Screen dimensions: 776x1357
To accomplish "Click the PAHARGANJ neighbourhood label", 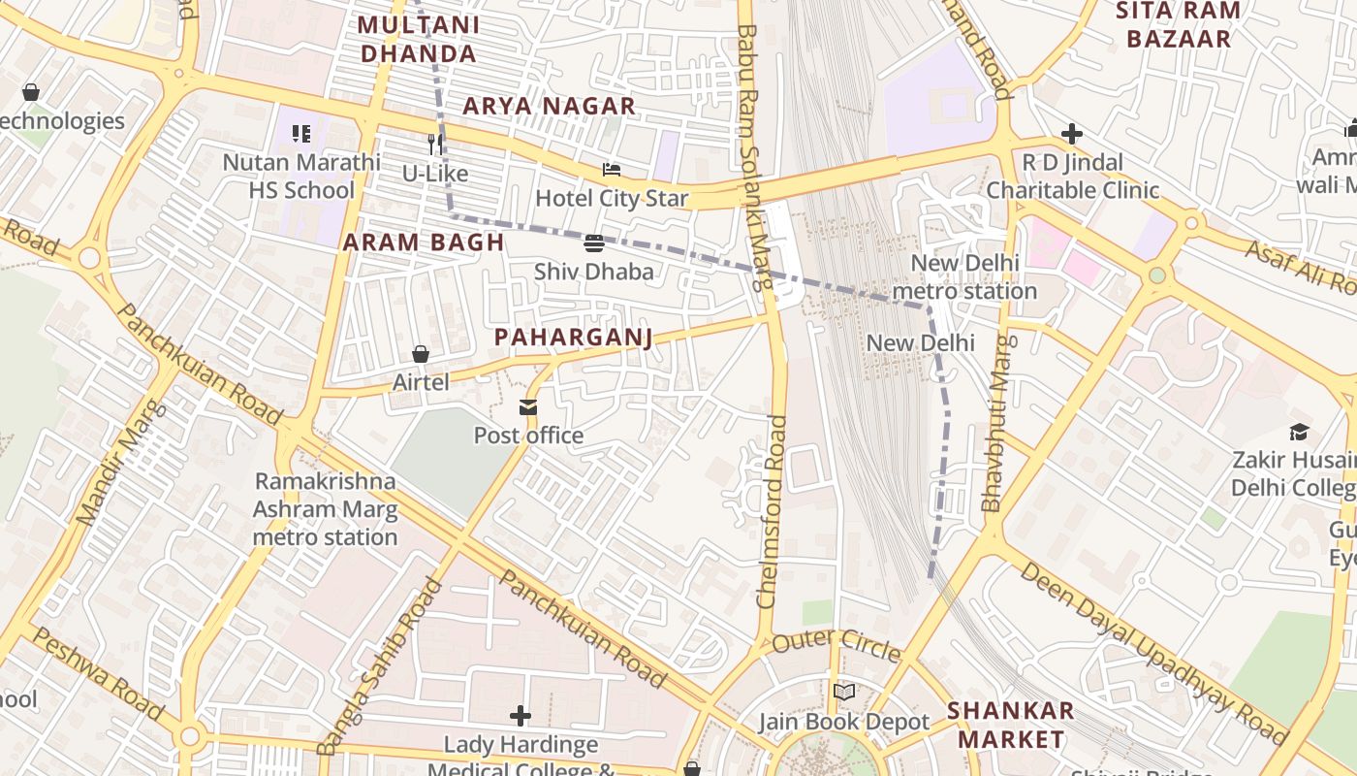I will tap(573, 338).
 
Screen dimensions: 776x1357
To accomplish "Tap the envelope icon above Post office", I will tap(528, 407).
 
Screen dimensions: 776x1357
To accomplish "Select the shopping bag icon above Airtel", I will tap(421, 354).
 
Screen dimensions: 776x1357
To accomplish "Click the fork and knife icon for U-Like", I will tap(435, 145).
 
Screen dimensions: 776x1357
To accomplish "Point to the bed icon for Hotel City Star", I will tap(612, 170).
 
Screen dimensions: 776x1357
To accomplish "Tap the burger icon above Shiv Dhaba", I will tap(594, 242).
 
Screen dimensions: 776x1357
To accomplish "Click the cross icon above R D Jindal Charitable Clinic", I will tap(1071, 134).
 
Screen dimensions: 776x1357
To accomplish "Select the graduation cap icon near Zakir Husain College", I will tap(1299, 431).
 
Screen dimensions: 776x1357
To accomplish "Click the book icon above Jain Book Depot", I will tap(844, 692).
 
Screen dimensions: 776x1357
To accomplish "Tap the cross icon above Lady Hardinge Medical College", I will tap(521, 716).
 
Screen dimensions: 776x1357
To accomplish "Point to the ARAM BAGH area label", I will tap(424, 242).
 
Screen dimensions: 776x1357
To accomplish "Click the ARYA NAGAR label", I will tap(549, 106).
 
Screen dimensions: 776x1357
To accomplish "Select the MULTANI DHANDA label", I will tap(419, 39).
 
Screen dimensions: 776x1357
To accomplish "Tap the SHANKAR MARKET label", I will tap(1011, 725).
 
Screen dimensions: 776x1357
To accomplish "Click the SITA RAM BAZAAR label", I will tap(1178, 25).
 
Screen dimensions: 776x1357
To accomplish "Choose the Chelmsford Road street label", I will tap(773, 512).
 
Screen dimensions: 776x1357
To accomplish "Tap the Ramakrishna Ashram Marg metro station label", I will tap(326, 509).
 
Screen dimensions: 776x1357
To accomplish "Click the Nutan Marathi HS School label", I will tap(301, 176).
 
